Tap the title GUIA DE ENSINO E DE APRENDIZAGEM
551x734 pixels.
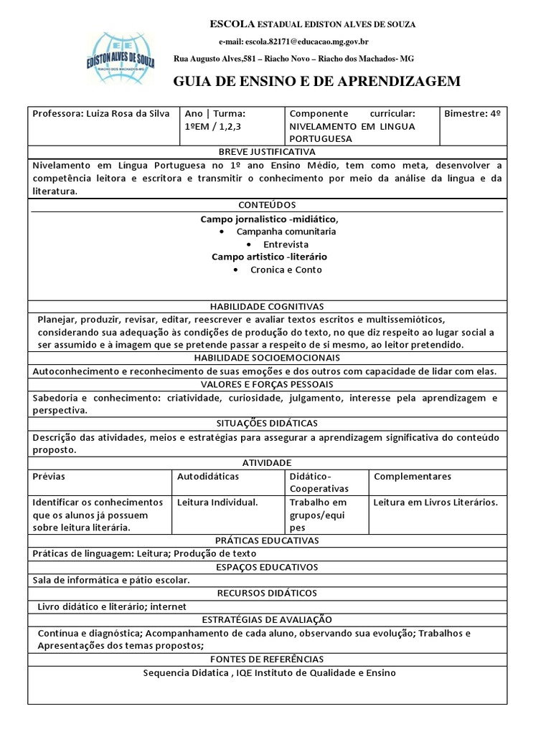pos(316,82)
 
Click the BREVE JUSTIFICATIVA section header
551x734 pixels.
pos(267,152)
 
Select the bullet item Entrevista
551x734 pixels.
pos(286,244)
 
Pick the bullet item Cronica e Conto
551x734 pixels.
pos(286,270)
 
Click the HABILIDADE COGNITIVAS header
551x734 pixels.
pos(267,306)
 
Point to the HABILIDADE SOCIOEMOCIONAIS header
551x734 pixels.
pos(267,358)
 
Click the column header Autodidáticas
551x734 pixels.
pos(208,476)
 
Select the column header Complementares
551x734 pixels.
pos(413,476)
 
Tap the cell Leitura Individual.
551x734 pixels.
pos(217,502)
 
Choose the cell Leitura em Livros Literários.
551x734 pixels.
pos(435,502)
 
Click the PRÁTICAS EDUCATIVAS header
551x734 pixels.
pos(267,540)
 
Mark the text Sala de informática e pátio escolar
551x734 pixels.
pos(111,580)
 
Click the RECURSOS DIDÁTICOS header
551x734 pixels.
pos(267,593)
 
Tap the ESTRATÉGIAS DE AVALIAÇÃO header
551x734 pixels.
pos(267,619)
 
